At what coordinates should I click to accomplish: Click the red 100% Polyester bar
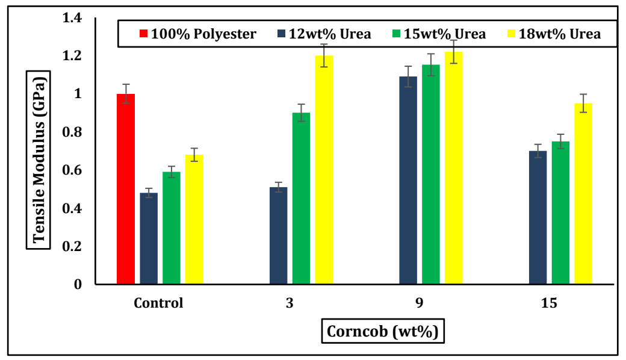pyautogui.click(x=126, y=189)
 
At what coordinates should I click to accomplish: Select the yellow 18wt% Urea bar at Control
pyautogui.click(x=194, y=220)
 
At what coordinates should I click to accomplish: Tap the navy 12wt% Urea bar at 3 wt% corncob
pyautogui.click(x=278, y=236)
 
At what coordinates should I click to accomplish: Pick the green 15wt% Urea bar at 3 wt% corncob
pyautogui.click(x=301, y=199)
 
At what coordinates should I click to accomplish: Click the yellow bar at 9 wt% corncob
pyautogui.click(x=453, y=168)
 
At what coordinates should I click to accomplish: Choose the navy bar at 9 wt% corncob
pyautogui.click(x=408, y=181)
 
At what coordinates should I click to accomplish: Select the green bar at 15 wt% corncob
pyautogui.click(x=560, y=213)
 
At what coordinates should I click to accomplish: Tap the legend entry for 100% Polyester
pyautogui.click(x=199, y=34)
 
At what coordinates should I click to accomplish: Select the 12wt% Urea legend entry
pyautogui.click(x=324, y=34)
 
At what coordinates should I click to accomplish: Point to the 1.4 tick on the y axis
pyautogui.click(x=72, y=18)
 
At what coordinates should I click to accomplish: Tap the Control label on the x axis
pyautogui.click(x=158, y=303)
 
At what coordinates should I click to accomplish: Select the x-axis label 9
pyautogui.click(x=419, y=303)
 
